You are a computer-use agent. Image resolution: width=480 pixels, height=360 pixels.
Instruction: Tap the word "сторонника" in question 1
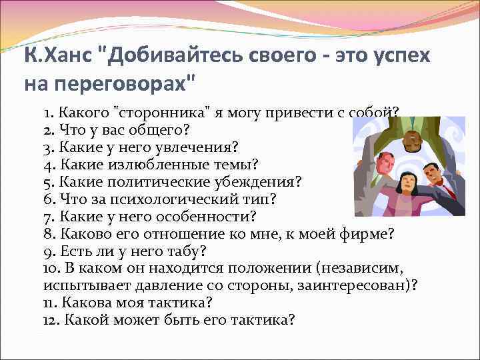point(152,112)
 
